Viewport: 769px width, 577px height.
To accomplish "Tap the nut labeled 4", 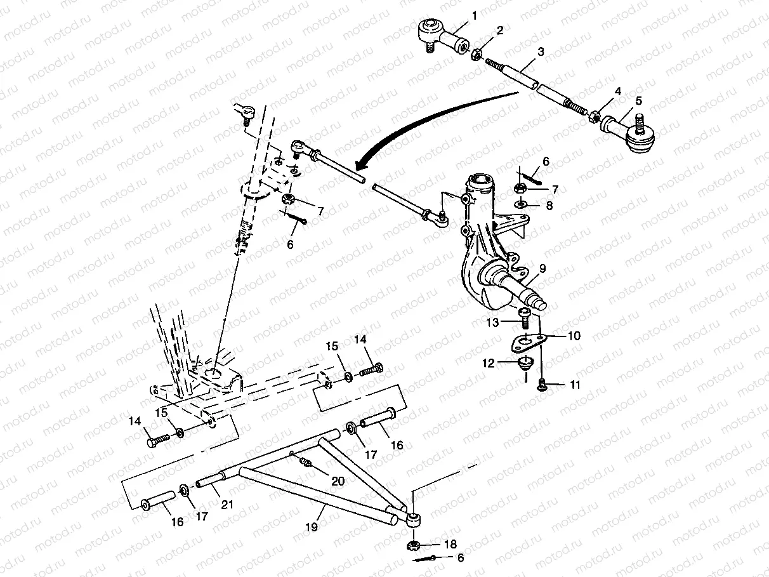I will [x=595, y=117].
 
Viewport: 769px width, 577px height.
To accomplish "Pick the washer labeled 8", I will [x=520, y=205].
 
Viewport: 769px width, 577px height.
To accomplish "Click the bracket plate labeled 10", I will [x=527, y=342].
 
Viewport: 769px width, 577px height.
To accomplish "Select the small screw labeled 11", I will [x=542, y=383].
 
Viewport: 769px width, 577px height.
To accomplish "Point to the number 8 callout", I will [x=548, y=205].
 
